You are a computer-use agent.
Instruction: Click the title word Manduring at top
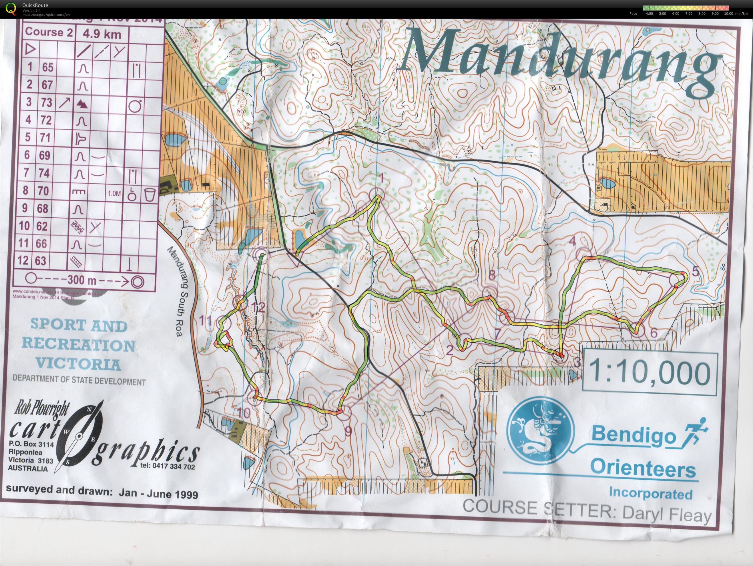(x=562, y=61)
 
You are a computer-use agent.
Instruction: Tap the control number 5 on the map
(x=695, y=271)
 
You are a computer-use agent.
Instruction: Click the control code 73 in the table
(x=47, y=102)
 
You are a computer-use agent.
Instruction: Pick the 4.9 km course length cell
(x=101, y=34)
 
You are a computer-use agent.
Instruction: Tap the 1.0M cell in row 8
(x=114, y=193)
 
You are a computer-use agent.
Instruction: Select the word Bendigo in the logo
(x=633, y=436)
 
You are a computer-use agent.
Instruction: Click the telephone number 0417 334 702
(x=168, y=466)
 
